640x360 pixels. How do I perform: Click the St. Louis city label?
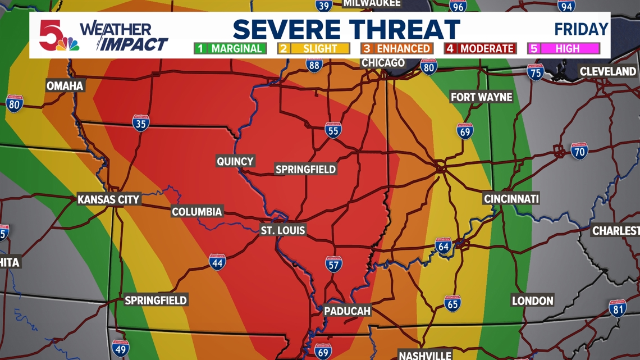click(283, 230)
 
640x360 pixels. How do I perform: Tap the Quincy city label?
click(235, 162)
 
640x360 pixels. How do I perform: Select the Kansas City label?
click(108, 199)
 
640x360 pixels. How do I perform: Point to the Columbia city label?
click(197, 212)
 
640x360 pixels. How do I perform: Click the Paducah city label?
click(347, 311)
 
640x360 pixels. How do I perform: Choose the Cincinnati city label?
click(511, 198)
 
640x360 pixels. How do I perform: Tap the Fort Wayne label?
click(482, 97)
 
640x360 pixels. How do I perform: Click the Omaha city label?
click(65, 86)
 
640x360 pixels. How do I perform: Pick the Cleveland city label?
click(607, 71)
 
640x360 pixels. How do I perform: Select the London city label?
click(532, 301)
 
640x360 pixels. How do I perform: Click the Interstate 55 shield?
click(333, 130)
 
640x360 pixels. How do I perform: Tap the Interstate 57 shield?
click(333, 264)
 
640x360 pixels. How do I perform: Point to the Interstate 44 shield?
click(217, 262)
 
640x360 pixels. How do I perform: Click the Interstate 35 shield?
click(140, 123)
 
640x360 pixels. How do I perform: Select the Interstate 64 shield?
click(443, 245)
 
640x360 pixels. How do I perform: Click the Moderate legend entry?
click(481, 49)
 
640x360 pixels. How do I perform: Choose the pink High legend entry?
click(564, 49)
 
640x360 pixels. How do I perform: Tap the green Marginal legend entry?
click(230, 49)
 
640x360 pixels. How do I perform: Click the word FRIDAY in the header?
click(581, 29)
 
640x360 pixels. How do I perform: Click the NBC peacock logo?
click(67, 44)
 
